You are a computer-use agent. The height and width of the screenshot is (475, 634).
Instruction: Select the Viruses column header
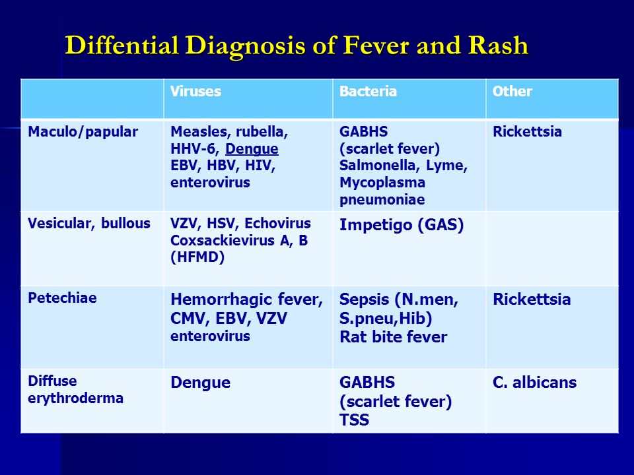(195, 91)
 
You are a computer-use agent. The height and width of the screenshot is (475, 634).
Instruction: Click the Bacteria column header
(368, 91)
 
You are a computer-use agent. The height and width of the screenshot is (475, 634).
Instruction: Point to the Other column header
(512, 91)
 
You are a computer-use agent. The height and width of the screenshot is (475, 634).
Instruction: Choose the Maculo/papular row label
(83, 133)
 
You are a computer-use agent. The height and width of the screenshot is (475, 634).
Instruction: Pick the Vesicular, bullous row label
(89, 224)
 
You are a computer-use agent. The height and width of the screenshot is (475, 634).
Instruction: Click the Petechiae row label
(62, 298)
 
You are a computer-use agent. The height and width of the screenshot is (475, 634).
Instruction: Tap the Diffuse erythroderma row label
(75, 389)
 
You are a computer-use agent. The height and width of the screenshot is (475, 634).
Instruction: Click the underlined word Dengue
(252, 149)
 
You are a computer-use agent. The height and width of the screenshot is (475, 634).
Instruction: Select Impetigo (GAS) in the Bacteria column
(402, 225)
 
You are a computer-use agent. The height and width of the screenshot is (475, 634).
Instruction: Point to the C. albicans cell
(534, 382)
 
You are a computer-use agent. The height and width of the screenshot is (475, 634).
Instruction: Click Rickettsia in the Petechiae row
(532, 300)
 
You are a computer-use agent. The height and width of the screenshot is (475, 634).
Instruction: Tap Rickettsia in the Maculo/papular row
(527, 132)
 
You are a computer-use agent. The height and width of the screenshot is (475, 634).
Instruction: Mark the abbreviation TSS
(354, 420)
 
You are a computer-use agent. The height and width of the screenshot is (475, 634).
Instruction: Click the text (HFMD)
(197, 257)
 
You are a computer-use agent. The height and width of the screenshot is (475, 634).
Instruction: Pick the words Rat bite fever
(394, 337)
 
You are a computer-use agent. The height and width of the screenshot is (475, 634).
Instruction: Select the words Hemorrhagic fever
(246, 300)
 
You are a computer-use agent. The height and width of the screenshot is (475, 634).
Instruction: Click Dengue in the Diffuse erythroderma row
(201, 383)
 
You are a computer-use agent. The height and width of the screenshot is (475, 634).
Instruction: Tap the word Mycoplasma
(382, 183)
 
